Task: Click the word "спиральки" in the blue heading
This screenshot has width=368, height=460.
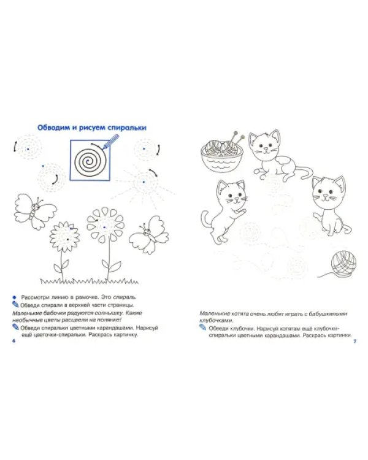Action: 127,128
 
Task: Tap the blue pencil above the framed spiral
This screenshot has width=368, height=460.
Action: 110,142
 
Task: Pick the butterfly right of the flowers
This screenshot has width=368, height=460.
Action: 149,234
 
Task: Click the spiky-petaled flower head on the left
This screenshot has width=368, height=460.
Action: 65,237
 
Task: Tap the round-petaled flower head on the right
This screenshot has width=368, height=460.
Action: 105,225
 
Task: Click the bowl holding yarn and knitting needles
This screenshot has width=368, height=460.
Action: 222,154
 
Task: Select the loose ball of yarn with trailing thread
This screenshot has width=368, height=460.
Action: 340,264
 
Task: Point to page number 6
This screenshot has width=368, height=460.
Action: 13,341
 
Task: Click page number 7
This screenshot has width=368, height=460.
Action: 355,342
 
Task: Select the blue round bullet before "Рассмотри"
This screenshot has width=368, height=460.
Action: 14,297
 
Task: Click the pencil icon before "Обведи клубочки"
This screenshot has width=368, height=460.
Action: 203,327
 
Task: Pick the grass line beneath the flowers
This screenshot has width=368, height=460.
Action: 89,282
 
